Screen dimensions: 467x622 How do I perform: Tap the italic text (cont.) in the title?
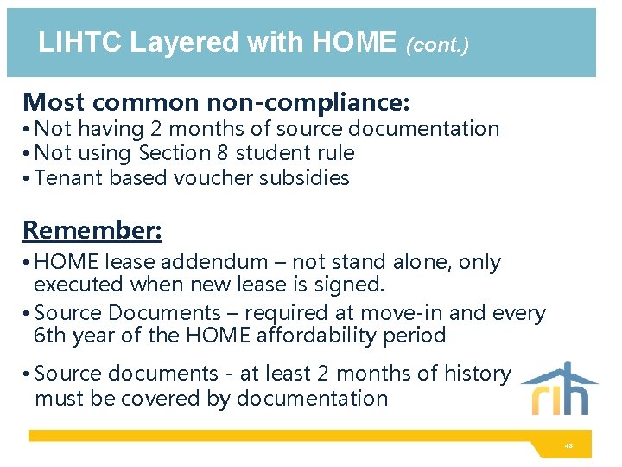coord(437,45)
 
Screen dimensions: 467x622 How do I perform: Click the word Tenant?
coord(67,179)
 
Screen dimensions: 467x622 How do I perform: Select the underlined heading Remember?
coord(92,231)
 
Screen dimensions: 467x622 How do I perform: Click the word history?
coord(475,374)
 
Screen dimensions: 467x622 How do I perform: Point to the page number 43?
coord(568,446)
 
